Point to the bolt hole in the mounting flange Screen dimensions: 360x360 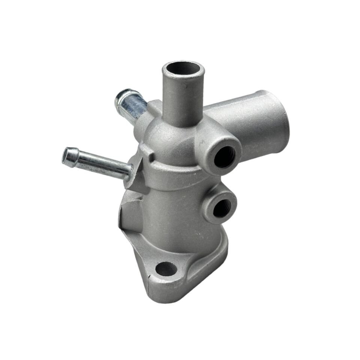(165, 268)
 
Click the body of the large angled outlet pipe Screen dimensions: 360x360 (244, 116)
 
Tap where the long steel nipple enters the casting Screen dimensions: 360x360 (129, 172)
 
